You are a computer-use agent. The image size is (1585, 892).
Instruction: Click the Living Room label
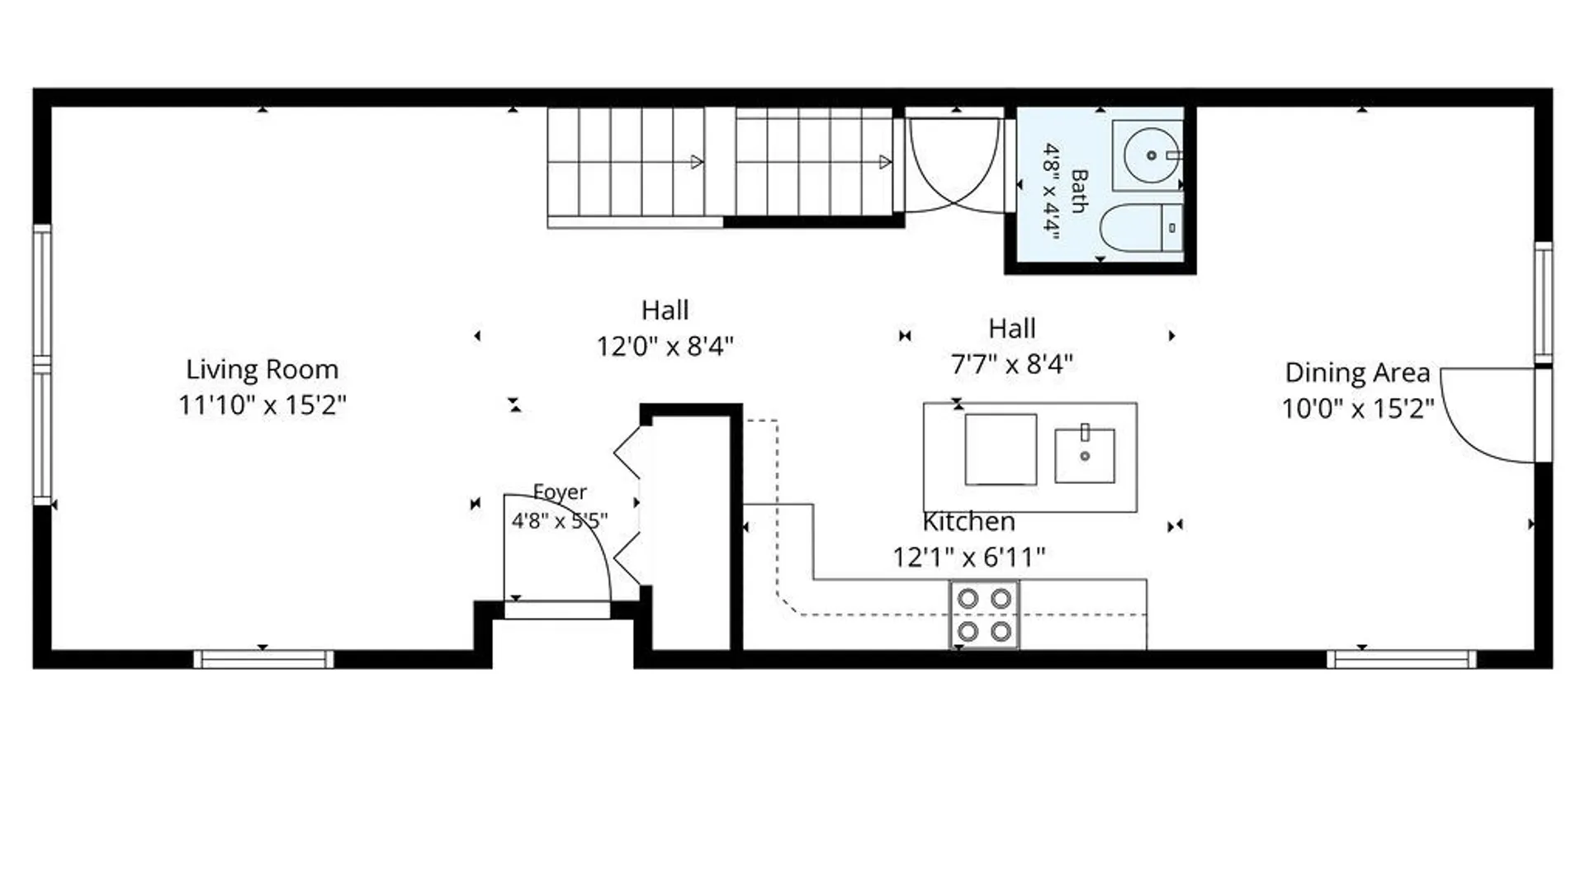click(262, 369)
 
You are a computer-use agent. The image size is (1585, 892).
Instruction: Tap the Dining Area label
click(1357, 372)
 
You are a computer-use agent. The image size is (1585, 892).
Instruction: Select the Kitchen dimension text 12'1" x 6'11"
click(968, 557)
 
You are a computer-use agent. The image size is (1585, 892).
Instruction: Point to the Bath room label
click(1079, 191)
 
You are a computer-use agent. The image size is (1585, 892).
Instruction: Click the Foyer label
click(560, 492)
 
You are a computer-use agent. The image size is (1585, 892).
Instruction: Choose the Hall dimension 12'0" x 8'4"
click(665, 346)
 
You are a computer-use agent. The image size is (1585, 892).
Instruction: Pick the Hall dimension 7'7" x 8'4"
click(1011, 363)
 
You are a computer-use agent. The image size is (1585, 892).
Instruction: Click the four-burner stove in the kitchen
click(984, 614)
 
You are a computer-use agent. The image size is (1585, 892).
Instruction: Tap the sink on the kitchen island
click(1085, 455)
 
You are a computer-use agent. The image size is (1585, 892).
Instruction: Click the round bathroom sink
click(1150, 155)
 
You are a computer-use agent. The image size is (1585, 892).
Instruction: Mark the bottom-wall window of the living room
click(263, 659)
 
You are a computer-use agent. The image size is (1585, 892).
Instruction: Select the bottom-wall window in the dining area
click(1402, 659)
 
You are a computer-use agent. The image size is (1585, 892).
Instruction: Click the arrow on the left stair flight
click(696, 162)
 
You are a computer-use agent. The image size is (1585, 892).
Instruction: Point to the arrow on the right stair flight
click(885, 162)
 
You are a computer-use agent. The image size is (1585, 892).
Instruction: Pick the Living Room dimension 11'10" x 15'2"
click(263, 406)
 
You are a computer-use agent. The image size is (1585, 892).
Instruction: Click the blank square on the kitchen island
click(1001, 449)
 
